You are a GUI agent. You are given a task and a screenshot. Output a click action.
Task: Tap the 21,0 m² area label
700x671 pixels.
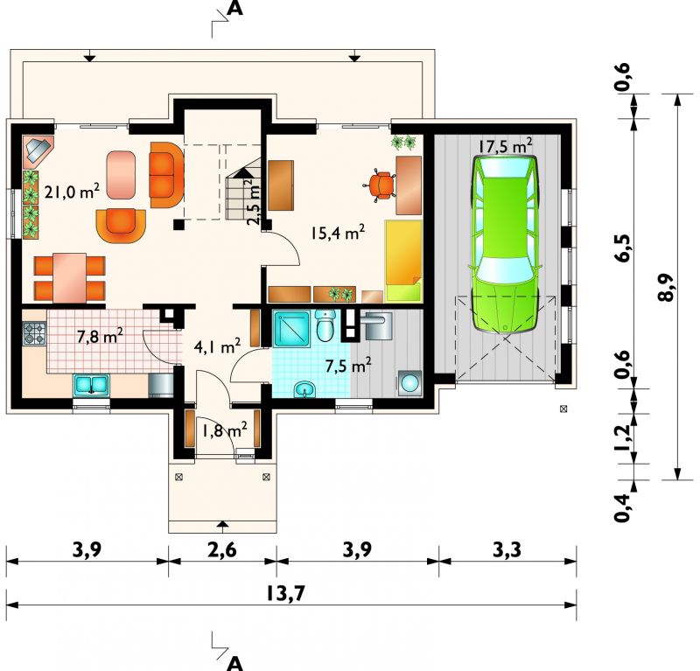[72, 192]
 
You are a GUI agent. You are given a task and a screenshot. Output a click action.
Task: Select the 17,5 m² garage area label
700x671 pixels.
[506, 145]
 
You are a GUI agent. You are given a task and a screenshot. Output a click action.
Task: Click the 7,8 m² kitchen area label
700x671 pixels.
[100, 337]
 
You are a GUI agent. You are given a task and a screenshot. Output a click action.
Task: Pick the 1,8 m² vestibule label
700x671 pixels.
[225, 430]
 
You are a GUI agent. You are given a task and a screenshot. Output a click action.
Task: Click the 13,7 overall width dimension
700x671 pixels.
[286, 593]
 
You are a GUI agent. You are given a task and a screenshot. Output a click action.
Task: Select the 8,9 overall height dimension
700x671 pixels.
[668, 287]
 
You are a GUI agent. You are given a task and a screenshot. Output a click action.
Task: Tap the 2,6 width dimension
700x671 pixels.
[222, 550]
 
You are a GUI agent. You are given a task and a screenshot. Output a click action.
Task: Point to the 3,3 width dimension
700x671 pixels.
[507, 550]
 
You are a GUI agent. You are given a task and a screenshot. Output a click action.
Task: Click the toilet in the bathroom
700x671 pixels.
[325, 326]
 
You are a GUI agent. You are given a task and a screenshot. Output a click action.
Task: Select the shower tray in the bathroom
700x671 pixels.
[291, 329]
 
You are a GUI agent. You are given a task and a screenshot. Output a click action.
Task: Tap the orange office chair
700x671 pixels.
[382, 185]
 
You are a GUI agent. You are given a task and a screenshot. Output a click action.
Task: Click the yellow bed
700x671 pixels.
[403, 261]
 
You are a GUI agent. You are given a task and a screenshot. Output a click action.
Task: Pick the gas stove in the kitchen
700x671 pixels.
[34, 334]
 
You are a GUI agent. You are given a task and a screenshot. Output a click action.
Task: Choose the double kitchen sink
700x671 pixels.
[92, 385]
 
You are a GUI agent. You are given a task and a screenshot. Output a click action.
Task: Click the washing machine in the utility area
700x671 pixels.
[409, 382]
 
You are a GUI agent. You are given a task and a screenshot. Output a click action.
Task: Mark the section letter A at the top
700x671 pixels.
[235, 8]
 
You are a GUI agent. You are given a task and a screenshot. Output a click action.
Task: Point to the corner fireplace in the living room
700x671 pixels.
[37, 150]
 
